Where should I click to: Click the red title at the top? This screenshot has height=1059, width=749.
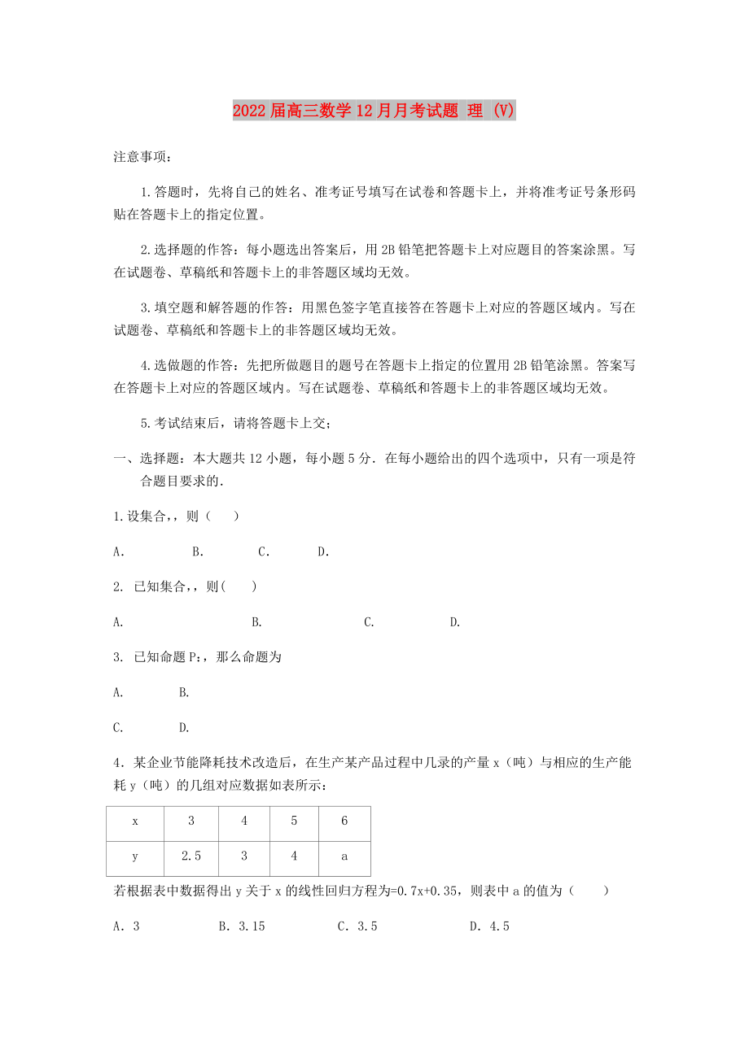tap(374, 111)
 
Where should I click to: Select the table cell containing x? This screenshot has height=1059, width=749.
tap(135, 821)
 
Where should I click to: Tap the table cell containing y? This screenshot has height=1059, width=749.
tap(135, 856)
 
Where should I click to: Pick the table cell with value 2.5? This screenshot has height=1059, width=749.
tap(191, 856)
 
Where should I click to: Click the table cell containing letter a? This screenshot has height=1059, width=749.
tap(344, 856)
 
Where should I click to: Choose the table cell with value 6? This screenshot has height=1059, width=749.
tap(344, 821)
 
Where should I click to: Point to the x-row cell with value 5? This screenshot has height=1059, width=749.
tap(294, 821)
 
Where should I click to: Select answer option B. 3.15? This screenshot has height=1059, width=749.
tap(242, 926)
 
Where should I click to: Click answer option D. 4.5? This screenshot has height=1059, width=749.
tap(489, 926)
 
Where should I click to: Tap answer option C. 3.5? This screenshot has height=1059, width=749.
tap(357, 926)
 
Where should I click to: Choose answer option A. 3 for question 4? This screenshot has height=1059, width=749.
tap(127, 926)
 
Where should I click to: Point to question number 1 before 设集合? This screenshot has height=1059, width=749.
tap(117, 516)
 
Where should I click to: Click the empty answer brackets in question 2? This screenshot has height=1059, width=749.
tap(242, 586)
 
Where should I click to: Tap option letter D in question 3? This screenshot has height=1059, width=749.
tap(184, 727)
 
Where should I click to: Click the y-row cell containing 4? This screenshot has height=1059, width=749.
tap(294, 856)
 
